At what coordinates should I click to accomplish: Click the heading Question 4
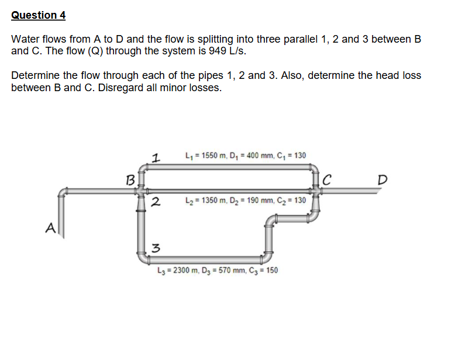[x=38, y=15]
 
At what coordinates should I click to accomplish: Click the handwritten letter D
[x=383, y=178]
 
